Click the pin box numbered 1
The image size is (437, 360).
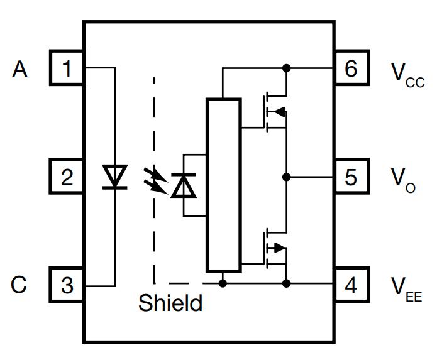pyautogui.click(x=67, y=68)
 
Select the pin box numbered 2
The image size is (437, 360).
pyautogui.click(x=67, y=177)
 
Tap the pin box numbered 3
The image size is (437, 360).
pyautogui.click(x=67, y=286)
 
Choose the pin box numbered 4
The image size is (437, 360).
pyautogui.click(x=351, y=286)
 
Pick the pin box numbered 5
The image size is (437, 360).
pyautogui.click(x=351, y=177)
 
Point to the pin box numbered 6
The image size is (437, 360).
pyautogui.click(x=351, y=68)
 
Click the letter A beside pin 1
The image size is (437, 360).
pyautogui.click(x=20, y=69)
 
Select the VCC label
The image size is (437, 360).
pyautogui.click(x=407, y=74)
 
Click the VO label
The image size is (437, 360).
pyautogui.click(x=403, y=181)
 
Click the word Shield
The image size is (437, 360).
pyautogui.click(x=170, y=303)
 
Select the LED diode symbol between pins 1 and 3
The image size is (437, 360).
pyautogui.click(x=114, y=177)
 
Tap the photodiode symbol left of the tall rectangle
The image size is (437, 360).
pyautogui.click(x=184, y=185)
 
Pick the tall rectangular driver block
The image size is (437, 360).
pyautogui.click(x=223, y=185)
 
